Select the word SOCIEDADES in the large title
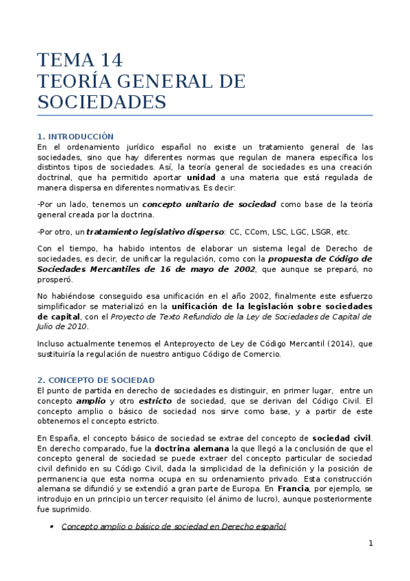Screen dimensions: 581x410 [101, 102]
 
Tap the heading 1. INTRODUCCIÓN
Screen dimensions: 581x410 [75, 136]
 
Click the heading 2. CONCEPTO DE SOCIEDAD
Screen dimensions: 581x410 [96, 380]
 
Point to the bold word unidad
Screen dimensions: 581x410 [201, 177]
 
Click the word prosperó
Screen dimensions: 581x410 [54, 280]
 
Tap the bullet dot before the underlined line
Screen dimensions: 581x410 [53, 527]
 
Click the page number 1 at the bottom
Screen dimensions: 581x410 [370, 544]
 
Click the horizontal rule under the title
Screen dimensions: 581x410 [205, 115]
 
